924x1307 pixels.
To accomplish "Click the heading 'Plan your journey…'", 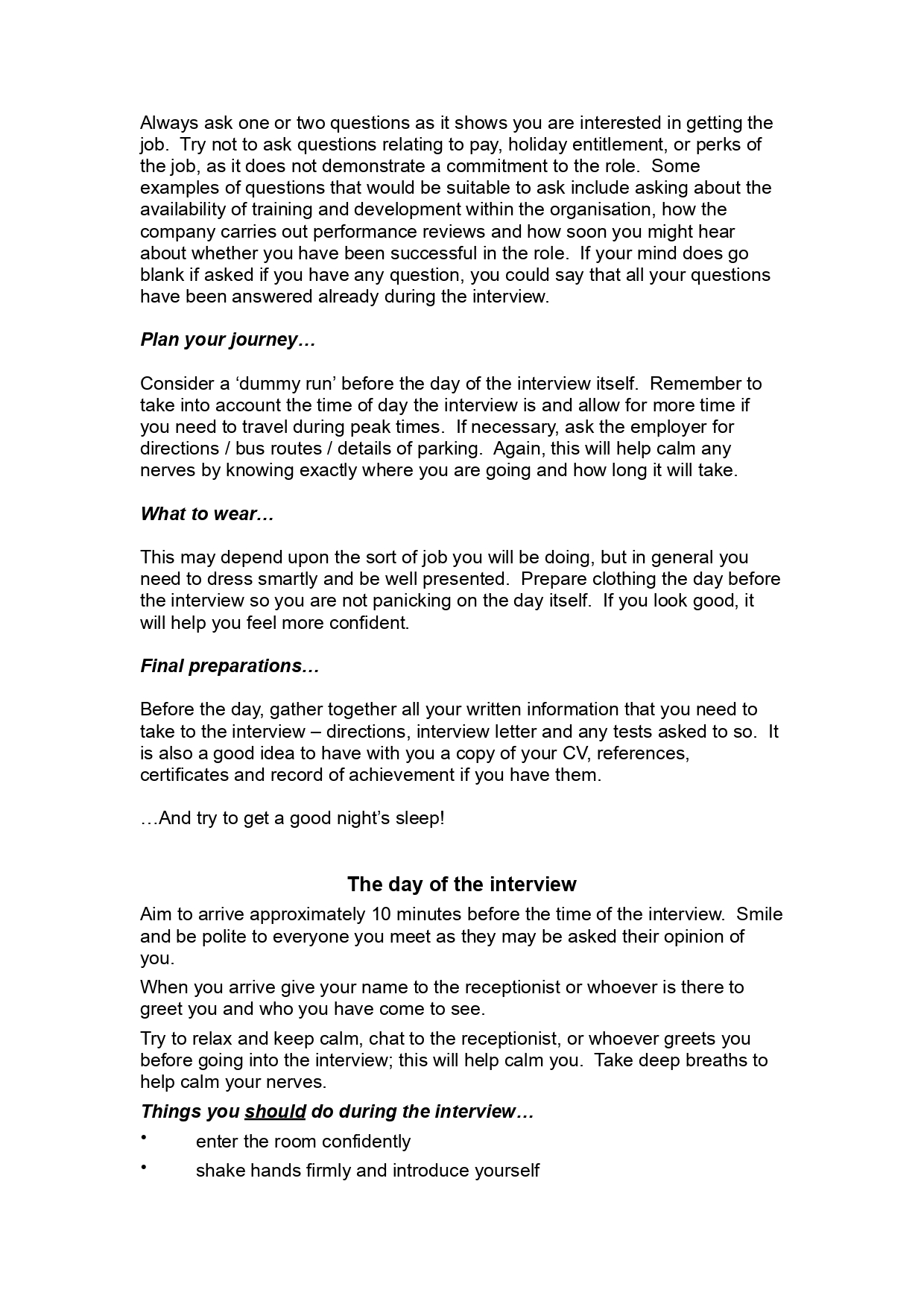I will coord(228,340).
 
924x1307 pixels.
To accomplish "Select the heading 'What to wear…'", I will coord(207,514).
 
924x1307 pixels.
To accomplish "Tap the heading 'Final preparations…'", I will coord(230,666).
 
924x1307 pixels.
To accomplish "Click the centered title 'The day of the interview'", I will coord(461,884).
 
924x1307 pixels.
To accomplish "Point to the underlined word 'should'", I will coord(275,1112).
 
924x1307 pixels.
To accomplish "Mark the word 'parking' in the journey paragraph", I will coord(451,449).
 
